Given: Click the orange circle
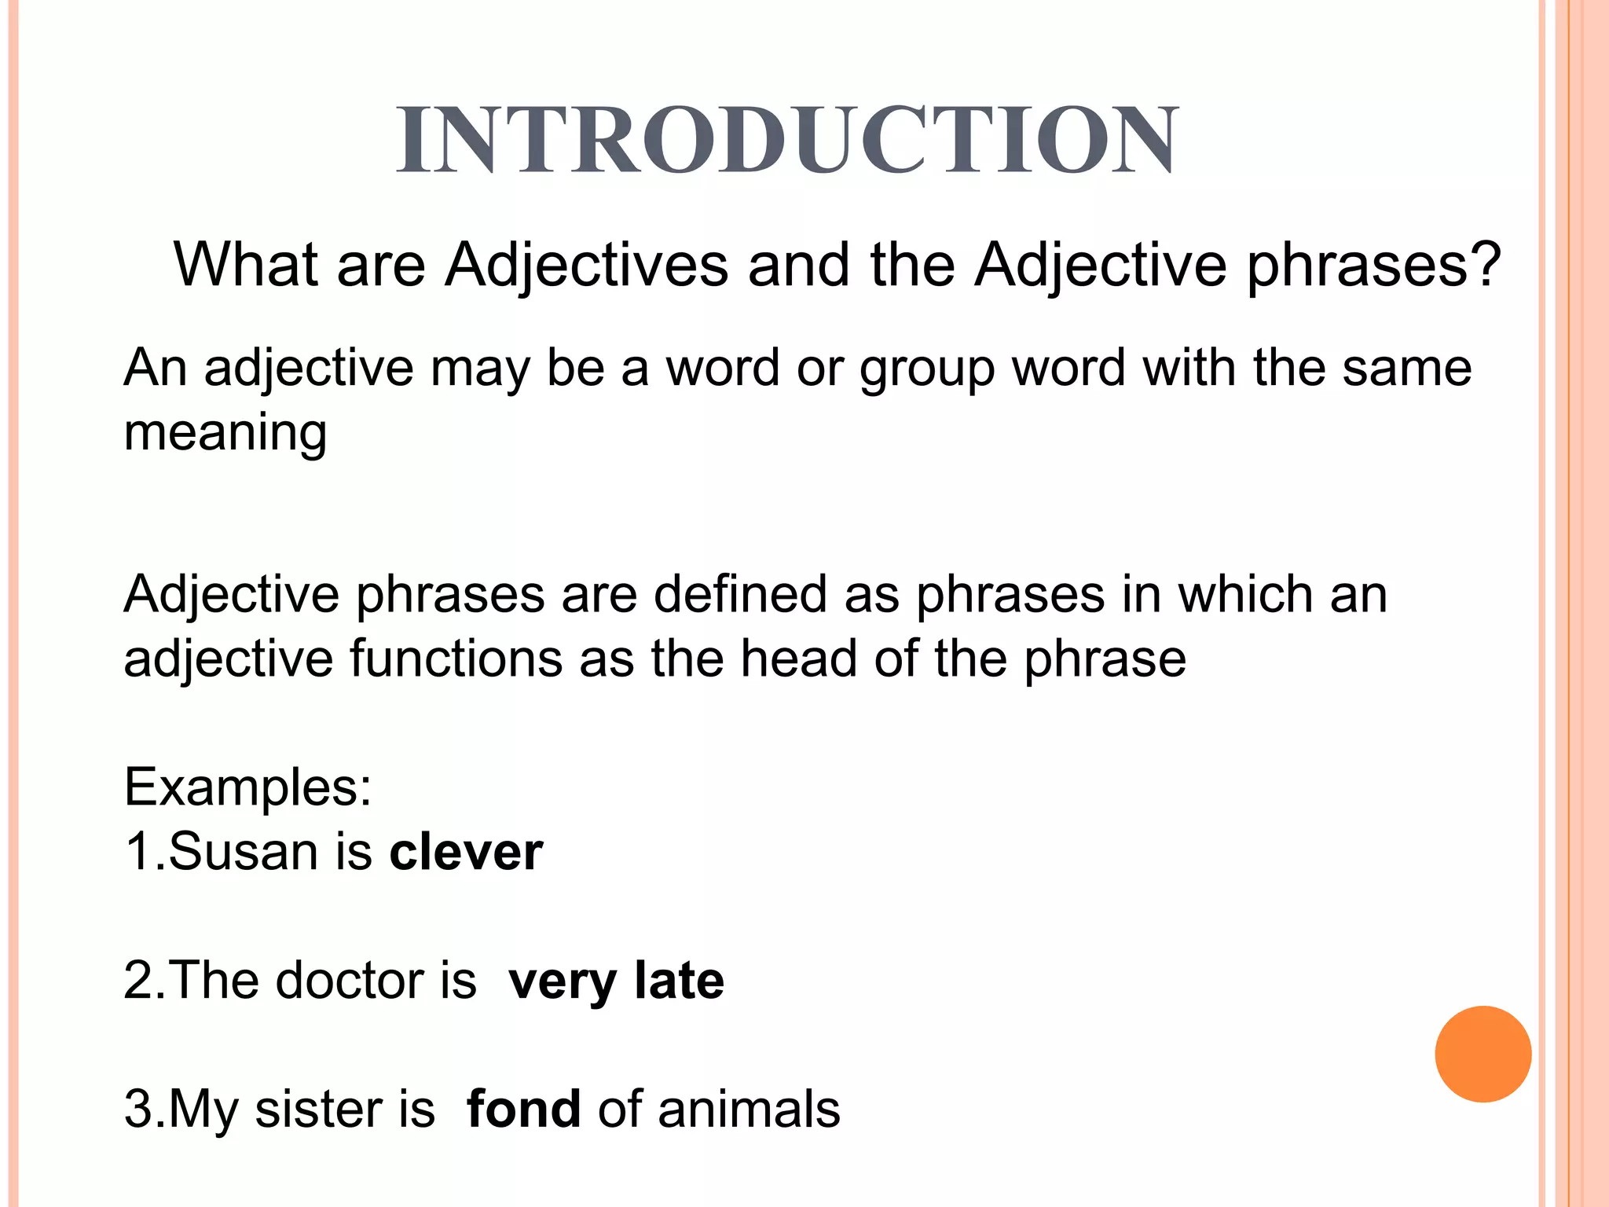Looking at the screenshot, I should [x=1483, y=1054].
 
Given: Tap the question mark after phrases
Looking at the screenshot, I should [x=1487, y=264].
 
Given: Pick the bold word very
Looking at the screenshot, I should [x=563, y=982].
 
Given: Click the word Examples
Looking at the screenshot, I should [x=247, y=787].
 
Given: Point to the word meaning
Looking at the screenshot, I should [x=225, y=434].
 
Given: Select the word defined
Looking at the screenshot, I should [x=740, y=594].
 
